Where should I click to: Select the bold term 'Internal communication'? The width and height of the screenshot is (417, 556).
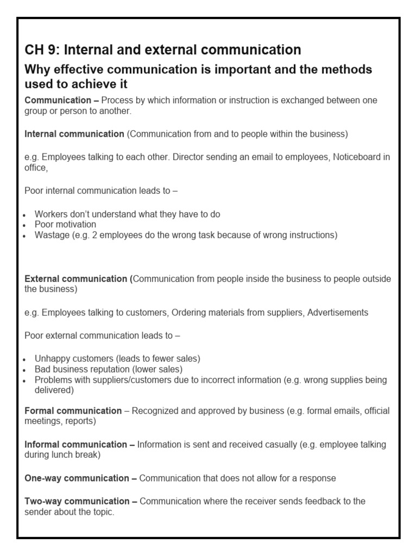74,134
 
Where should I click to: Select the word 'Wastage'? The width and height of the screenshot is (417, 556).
52,235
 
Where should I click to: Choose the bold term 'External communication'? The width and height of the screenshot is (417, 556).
76,279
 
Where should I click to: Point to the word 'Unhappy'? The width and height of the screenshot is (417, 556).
51,358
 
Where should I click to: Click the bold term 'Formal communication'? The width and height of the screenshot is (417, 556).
73,411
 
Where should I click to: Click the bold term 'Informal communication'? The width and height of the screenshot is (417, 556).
76,445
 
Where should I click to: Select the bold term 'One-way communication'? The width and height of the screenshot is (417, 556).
77,478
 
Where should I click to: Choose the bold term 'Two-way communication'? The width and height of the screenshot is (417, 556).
77,501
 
